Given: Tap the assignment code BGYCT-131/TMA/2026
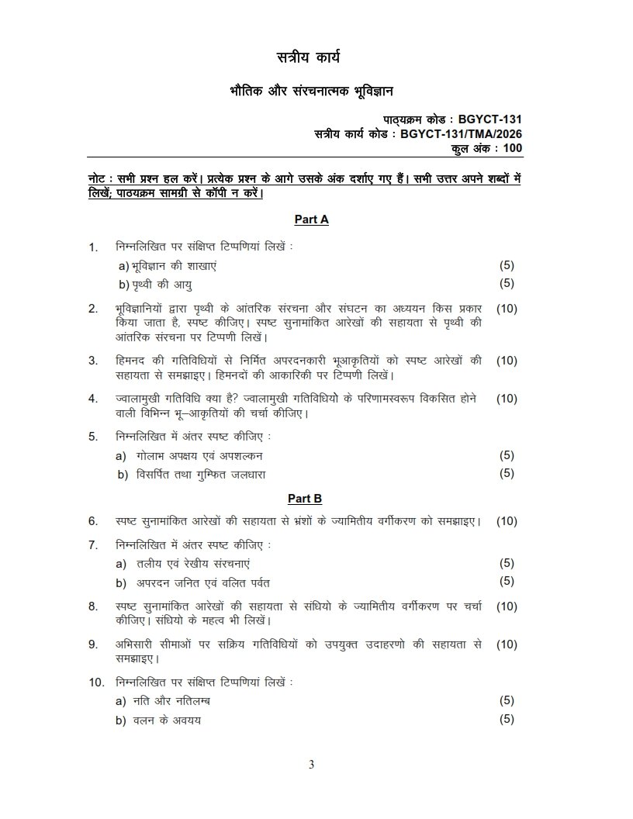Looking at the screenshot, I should tap(462, 134).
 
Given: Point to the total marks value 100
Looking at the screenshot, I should tap(512, 148).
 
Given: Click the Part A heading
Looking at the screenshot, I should tap(311, 219).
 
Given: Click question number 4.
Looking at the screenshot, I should tap(92, 399).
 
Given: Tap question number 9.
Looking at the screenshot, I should tap(92, 644).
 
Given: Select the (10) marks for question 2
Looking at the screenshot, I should tap(507, 308).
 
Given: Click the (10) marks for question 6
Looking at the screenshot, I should tap(507, 521).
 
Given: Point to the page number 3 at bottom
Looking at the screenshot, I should tap(312, 765).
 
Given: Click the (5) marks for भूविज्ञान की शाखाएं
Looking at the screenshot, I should tap(507, 265).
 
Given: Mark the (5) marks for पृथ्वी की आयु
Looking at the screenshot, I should tap(507, 283).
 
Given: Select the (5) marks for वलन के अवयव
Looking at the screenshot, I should tap(507, 719).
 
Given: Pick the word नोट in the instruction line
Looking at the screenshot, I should tap(99, 178).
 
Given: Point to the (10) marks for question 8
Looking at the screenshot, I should tap(507, 606).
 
